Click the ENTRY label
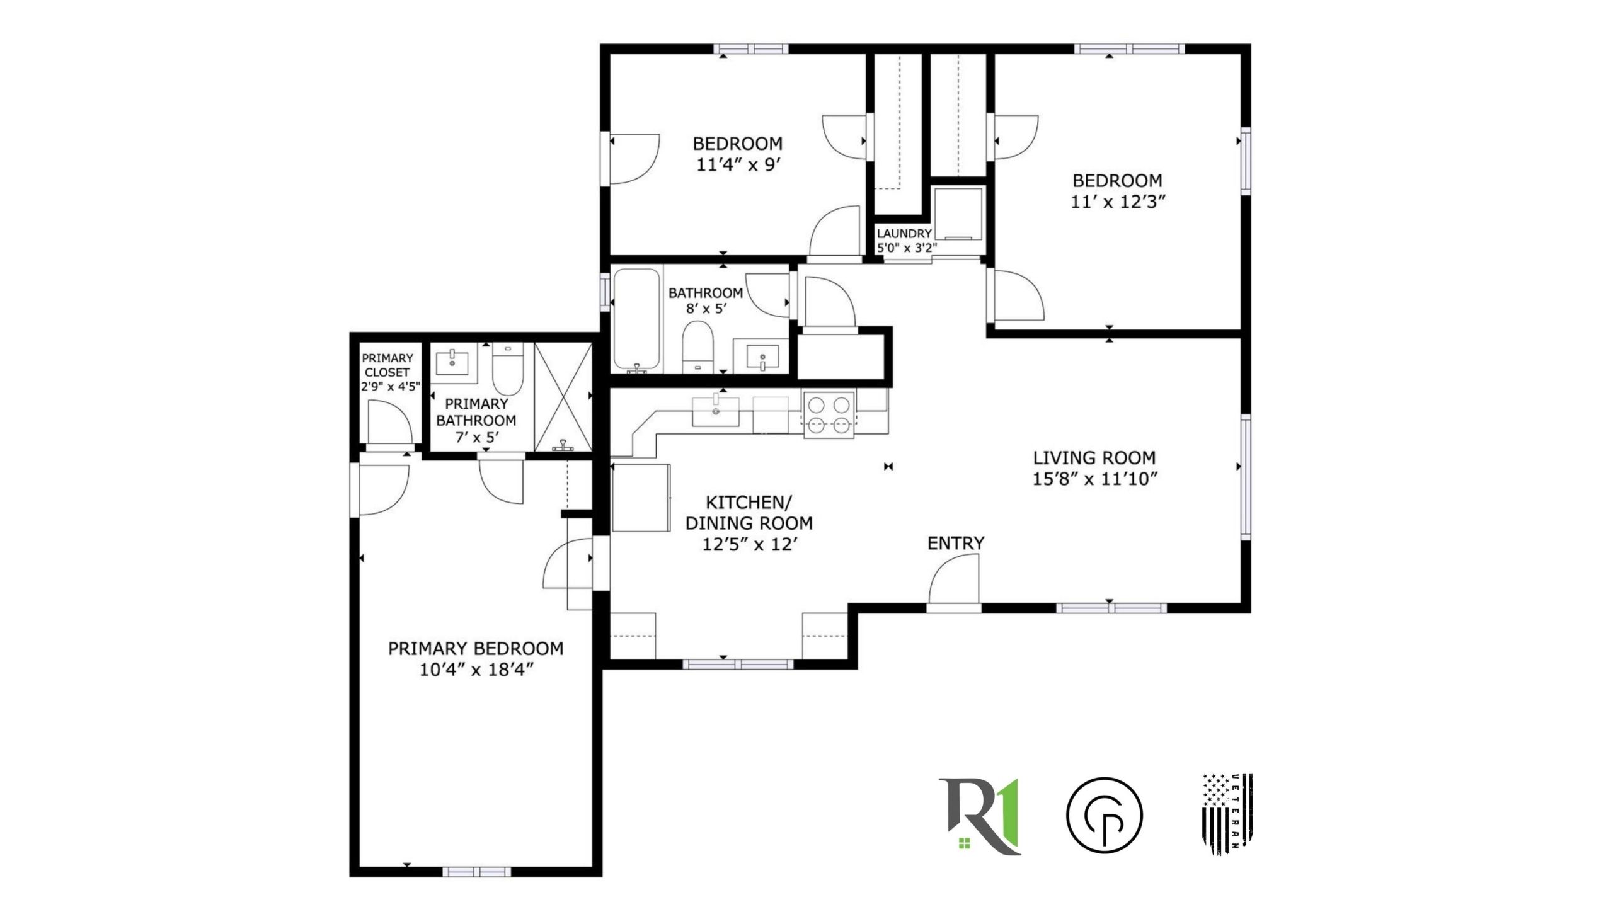coord(955,543)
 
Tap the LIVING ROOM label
coord(1094,457)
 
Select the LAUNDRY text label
coord(904,234)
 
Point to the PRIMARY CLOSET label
coord(387,365)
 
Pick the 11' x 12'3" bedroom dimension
coord(1116,202)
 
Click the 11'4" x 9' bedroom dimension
coord(738,165)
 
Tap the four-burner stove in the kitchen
coord(828,414)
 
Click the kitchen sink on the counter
coord(716,411)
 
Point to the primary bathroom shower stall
coord(563,397)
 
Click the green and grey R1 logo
coord(979,816)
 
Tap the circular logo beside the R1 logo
coord(1104,816)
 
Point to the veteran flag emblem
coord(1227,814)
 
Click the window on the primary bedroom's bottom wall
coord(476,872)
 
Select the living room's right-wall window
coord(1246,477)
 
